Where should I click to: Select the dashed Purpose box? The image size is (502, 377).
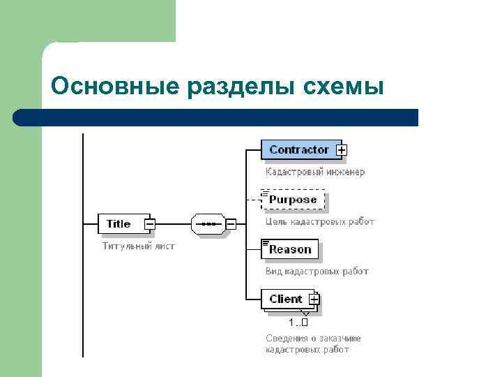coord(293,200)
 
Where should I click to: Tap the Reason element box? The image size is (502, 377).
coord(290,249)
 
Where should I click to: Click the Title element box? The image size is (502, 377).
coord(120,224)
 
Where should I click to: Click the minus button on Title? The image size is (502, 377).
coord(150,224)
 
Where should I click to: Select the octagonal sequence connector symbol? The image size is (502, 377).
coord(207,224)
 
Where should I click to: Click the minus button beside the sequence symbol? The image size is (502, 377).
coord(231,224)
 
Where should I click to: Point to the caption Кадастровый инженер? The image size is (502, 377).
coord(314,171)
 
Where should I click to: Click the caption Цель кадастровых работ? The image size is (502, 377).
coord(319,221)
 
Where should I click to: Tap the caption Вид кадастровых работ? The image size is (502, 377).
coord(317,271)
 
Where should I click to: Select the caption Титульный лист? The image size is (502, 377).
coord(138,246)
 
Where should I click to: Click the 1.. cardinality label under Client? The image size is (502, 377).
coord(298,323)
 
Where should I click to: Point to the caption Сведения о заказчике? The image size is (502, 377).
coord(313,339)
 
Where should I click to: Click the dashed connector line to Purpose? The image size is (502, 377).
coord(253,200)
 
